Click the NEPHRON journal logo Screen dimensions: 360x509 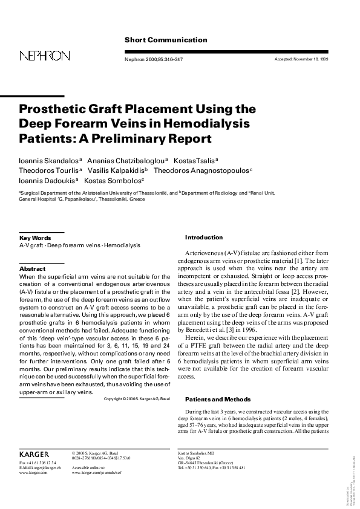pos(44,56)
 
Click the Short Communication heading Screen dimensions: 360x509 pos(165,40)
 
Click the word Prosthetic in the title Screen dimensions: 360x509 pos(54,109)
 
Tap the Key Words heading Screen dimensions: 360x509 pos(35,238)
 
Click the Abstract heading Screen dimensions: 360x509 pos(33,268)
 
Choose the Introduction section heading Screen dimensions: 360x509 pos(204,238)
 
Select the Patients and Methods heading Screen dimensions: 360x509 pos(217,400)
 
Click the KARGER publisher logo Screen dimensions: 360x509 pos(34,453)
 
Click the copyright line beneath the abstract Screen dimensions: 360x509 pos(137,399)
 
